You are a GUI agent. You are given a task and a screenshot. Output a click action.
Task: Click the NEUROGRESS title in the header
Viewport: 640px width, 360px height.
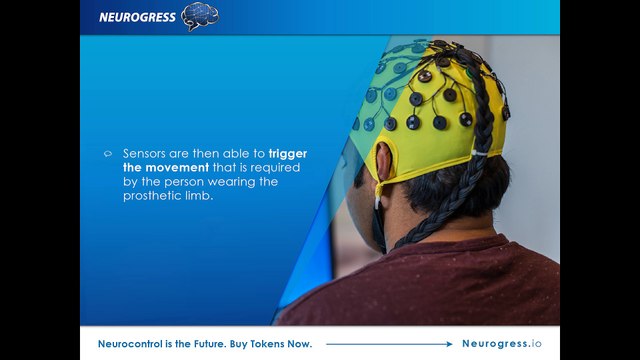pyautogui.click(x=138, y=16)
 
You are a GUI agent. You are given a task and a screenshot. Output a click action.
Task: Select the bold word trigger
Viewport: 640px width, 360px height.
pyautogui.click(x=288, y=154)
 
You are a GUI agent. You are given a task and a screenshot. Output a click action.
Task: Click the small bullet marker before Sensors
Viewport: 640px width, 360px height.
pyautogui.click(x=108, y=154)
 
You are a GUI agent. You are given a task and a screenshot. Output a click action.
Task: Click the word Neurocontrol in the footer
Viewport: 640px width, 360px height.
pyautogui.click(x=132, y=344)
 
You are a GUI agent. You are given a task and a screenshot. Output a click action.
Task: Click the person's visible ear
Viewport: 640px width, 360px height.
pyautogui.click(x=385, y=161)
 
